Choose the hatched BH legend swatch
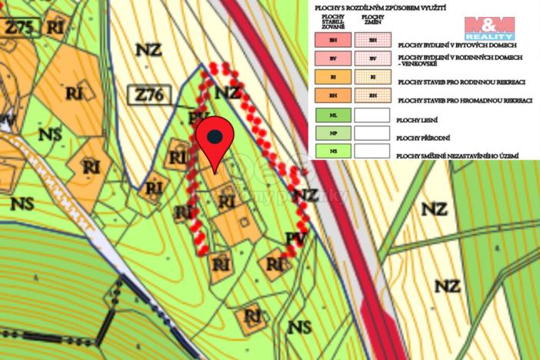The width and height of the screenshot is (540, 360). [x=373, y=40]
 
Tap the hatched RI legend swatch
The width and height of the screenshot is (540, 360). [x=373, y=78]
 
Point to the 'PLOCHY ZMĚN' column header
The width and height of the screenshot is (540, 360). [x=373, y=20]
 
